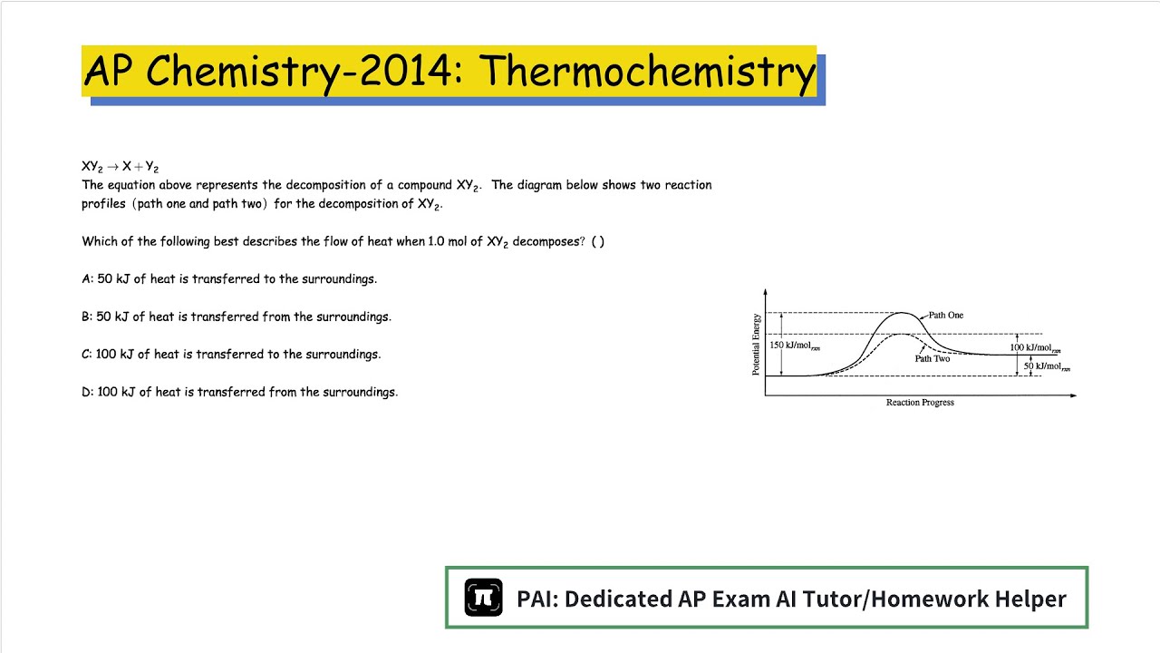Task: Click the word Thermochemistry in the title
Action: pos(647,71)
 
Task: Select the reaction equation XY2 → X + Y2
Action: pos(120,167)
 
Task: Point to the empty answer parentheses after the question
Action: pos(597,242)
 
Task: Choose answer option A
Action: pos(229,279)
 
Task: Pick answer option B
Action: pos(237,317)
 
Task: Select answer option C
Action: pos(231,355)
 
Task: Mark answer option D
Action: pos(239,393)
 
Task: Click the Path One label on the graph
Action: pos(945,316)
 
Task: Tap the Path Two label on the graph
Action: pos(932,359)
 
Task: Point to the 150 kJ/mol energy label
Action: pos(795,346)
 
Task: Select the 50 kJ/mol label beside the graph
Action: pos(1046,366)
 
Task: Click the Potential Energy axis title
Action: pos(756,345)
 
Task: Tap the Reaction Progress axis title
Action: pos(920,403)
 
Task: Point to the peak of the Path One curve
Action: pos(902,313)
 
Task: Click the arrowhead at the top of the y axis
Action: pos(766,293)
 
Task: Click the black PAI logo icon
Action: pos(483,598)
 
